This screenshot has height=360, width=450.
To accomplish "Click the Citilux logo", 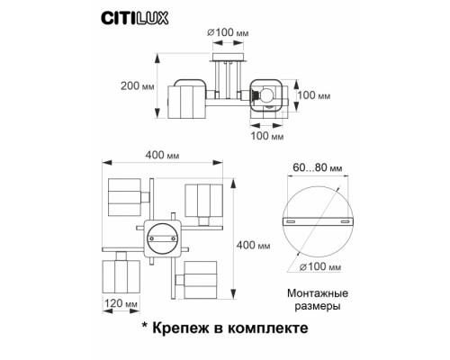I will [125, 13].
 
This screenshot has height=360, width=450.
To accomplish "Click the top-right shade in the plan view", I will [203, 203].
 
